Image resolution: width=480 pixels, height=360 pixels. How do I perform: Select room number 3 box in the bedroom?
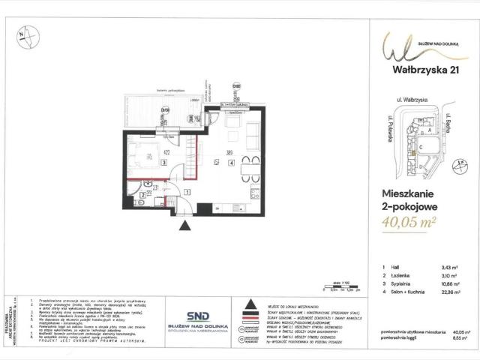[163, 160]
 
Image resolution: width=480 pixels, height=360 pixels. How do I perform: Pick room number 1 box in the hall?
[187, 192]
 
